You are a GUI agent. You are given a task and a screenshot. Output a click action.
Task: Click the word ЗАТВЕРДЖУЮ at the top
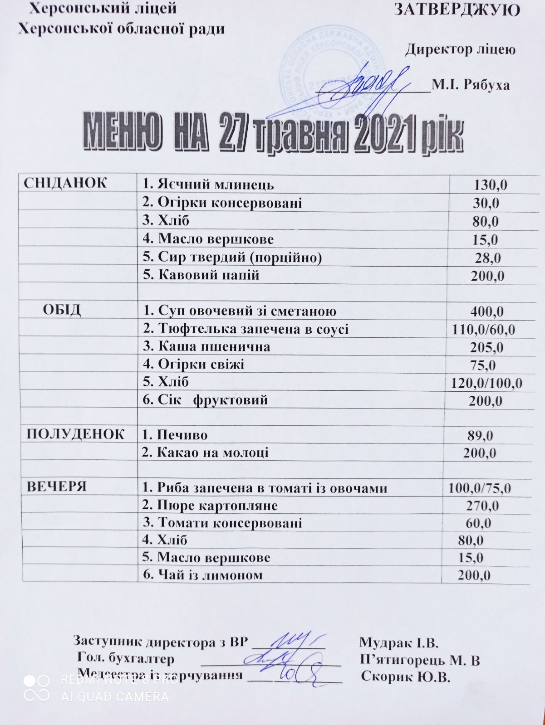click(456, 10)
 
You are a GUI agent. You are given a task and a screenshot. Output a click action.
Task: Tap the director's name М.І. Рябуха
click(470, 85)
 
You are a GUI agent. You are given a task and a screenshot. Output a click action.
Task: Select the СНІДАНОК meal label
click(65, 183)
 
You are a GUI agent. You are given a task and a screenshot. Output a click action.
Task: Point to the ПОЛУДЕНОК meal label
click(75, 434)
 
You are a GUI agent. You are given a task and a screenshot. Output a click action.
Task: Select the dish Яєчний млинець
click(208, 185)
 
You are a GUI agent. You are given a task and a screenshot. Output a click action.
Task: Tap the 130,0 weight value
click(490, 185)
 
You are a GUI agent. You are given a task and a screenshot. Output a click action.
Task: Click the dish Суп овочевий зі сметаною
click(240, 311)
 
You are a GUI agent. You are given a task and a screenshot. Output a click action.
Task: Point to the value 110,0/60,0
click(484, 329)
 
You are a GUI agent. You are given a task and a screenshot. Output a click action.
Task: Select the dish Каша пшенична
click(206, 347)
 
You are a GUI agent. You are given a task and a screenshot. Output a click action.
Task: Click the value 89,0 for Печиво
click(480, 435)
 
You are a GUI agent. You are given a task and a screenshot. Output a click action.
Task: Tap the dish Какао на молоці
click(205, 452)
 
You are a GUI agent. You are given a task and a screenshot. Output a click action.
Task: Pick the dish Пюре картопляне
click(210, 505)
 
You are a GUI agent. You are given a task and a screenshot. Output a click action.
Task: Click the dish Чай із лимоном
click(202, 575)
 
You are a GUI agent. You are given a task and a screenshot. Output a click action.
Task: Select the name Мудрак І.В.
click(399, 642)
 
